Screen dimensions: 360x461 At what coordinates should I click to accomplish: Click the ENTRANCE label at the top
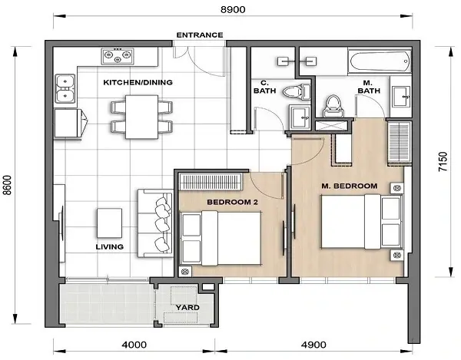[x=199, y=35]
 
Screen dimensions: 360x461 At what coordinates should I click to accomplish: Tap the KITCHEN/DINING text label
[x=138, y=82]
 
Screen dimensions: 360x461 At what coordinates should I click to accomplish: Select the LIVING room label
[x=111, y=247]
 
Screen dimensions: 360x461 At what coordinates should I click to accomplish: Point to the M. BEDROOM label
[x=349, y=186]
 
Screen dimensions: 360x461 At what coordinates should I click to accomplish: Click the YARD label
[x=188, y=307]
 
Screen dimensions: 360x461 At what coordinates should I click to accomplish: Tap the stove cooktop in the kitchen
[x=118, y=56]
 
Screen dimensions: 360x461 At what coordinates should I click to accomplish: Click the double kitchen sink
[x=65, y=89]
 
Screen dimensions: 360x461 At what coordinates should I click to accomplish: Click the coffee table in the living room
[x=109, y=223]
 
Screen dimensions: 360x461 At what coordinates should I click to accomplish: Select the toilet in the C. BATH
[x=294, y=91]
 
